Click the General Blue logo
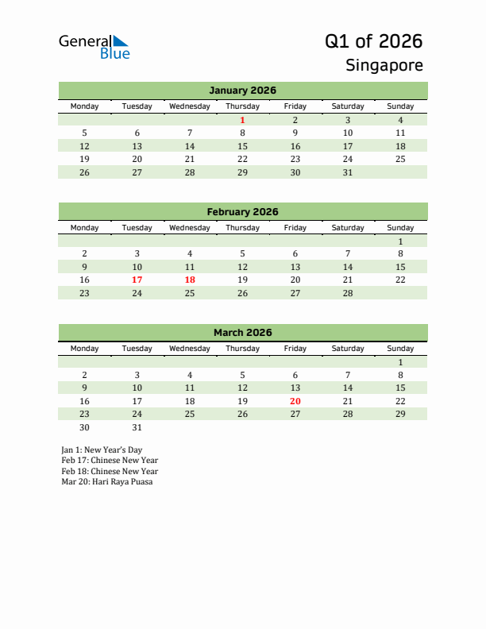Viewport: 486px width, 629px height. (94, 47)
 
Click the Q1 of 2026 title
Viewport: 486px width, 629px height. (373, 41)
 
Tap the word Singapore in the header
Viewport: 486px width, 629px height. (384, 65)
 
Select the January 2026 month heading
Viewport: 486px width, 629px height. (242, 91)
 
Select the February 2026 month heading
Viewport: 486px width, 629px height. (242, 212)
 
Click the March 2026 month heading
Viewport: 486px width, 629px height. (242, 333)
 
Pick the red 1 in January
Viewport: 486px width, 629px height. (242, 121)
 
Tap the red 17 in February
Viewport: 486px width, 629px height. (137, 280)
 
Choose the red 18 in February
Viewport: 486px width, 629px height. (190, 280)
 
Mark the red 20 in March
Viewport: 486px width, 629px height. (295, 401)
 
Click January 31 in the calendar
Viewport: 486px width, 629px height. (347, 172)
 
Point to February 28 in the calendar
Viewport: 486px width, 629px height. (347, 293)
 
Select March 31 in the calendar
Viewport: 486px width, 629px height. (137, 427)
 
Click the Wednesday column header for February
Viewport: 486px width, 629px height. (190, 228)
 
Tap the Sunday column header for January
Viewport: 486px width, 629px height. (400, 106)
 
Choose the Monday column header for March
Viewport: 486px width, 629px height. (85, 349)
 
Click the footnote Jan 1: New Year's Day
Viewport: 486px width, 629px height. (102, 450)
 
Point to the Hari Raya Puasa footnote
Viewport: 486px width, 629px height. (107, 482)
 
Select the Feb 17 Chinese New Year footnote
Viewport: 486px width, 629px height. (110, 461)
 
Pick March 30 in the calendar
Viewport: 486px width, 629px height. (85, 427)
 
